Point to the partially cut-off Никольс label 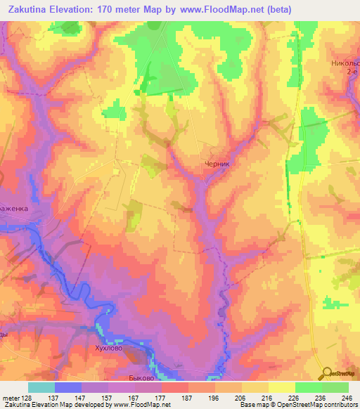pyautogui.click(x=345, y=63)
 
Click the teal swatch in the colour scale pyautogui.click(x=41, y=388)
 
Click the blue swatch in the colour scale pyautogui.click(x=68, y=388)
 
